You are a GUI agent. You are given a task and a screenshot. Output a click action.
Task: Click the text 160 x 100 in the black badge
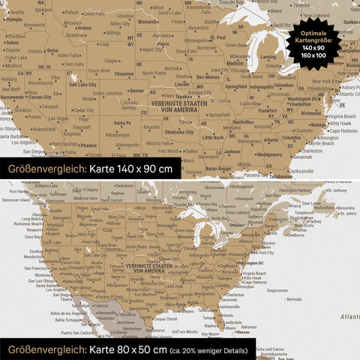pos(313,55)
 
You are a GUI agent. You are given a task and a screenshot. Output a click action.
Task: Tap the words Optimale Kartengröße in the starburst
pos(314,37)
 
